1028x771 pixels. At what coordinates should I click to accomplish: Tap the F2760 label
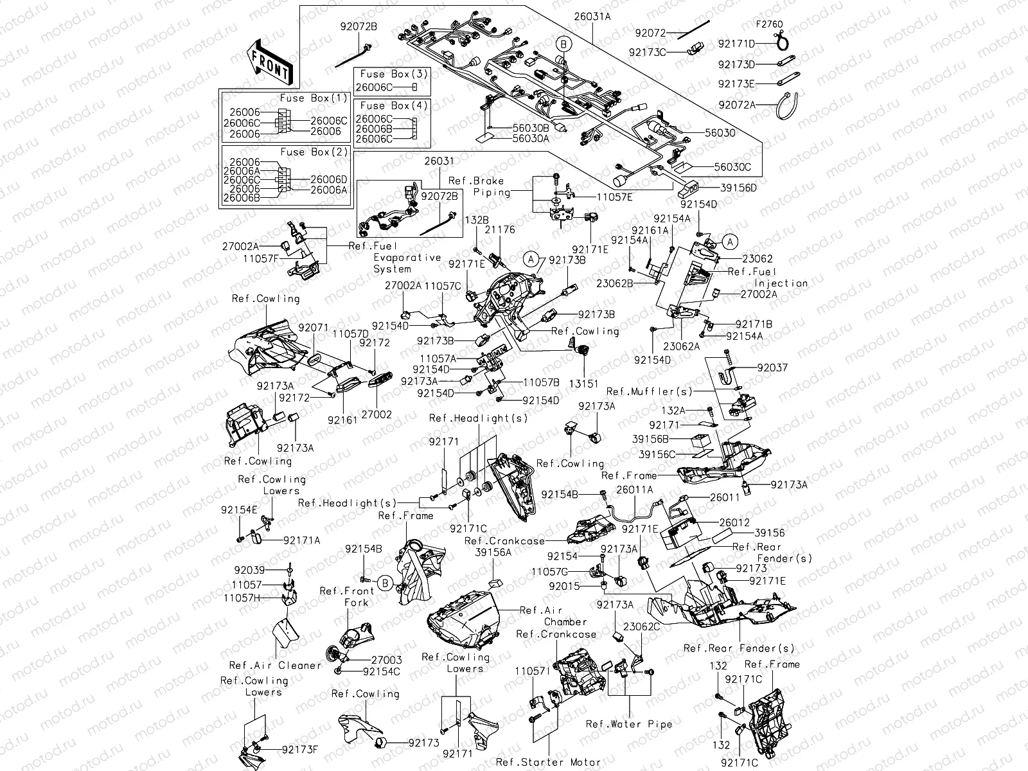tap(768, 24)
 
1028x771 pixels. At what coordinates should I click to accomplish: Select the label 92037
tap(772, 368)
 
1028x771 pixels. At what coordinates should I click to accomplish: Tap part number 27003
tap(386, 660)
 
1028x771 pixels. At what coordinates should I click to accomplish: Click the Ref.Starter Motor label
tap(548, 762)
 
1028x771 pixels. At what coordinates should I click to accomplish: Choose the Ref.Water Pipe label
tap(628, 724)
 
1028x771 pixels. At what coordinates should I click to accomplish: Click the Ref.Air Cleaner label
tap(275, 666)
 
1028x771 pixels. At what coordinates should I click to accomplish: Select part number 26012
tap(734, 522)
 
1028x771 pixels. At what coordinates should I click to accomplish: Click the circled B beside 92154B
tap(384, 583)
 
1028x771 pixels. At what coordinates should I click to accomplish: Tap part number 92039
tap(249, 571)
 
